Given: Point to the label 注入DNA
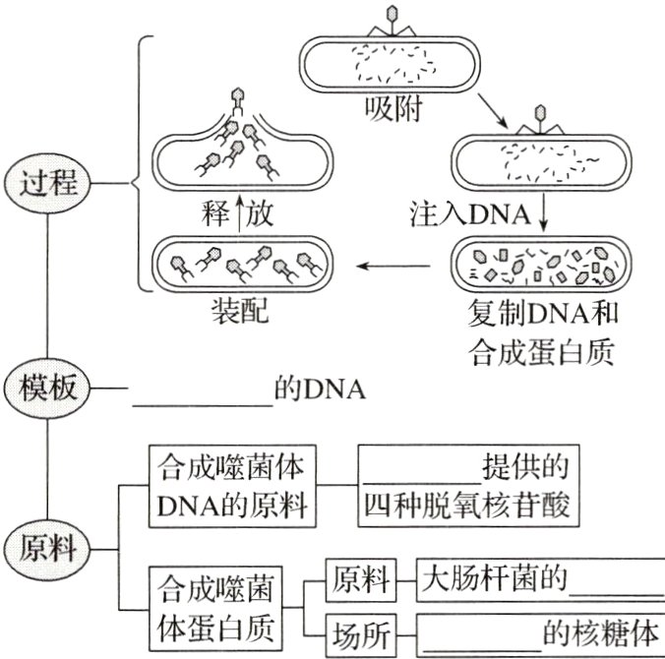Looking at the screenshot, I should pos(469,213).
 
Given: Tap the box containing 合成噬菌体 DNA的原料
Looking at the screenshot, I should pos(232,488).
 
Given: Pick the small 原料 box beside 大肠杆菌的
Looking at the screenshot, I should pos(361,579).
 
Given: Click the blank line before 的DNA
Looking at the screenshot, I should pos(202,397).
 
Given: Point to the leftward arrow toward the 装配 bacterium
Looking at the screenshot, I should pos(393,266).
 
